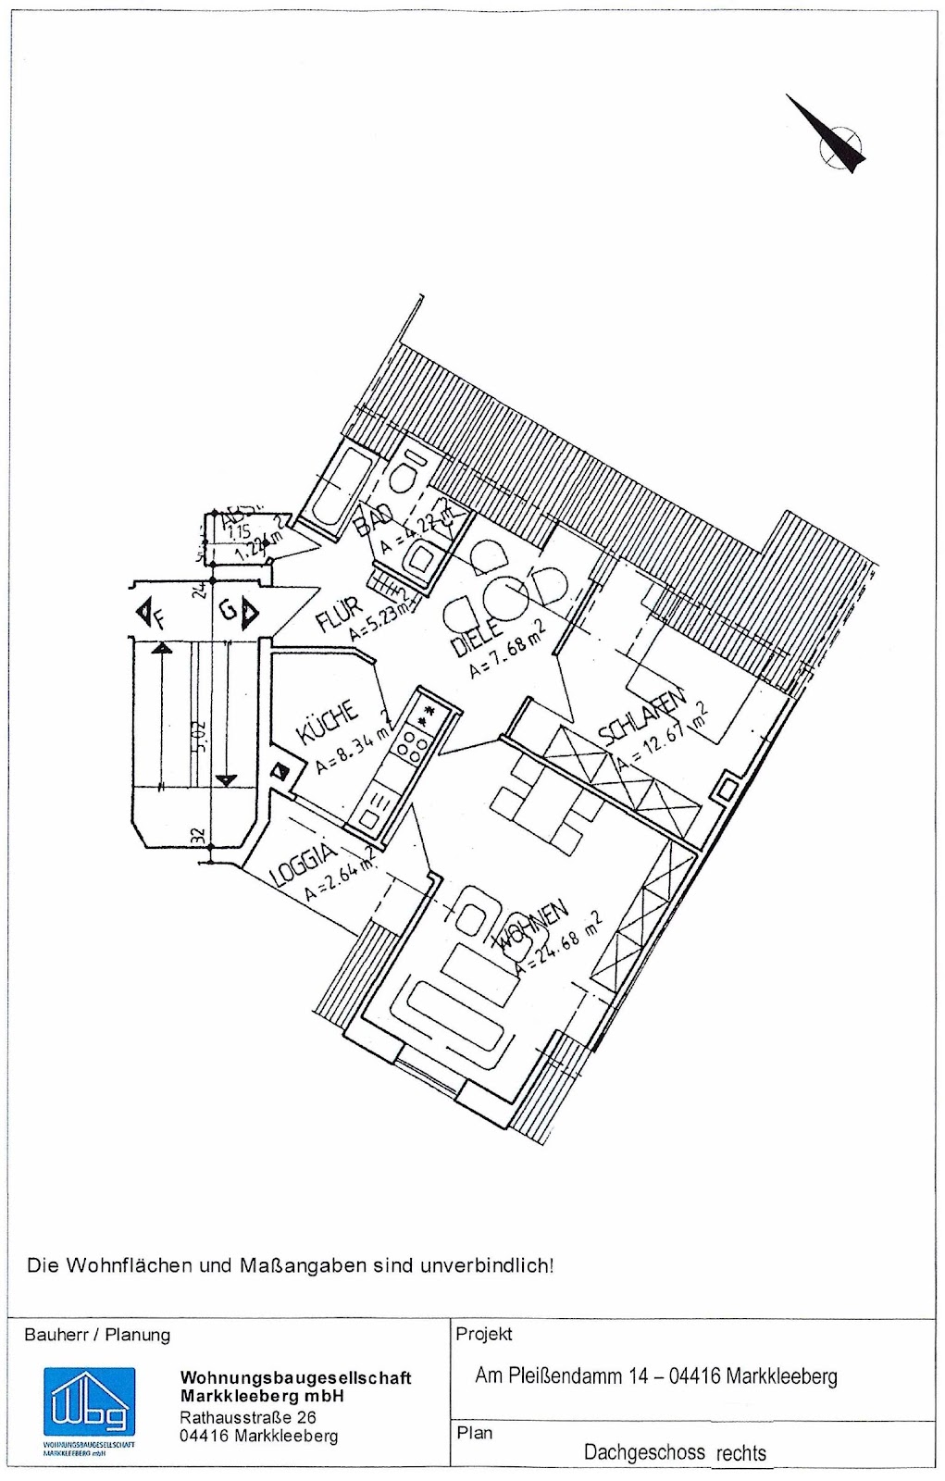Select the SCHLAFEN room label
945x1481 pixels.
[x=642, y=716]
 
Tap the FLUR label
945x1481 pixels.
[x=338, y=612]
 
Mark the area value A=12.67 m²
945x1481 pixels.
[x=663, y=737]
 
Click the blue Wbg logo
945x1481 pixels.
[x=89, y=1403]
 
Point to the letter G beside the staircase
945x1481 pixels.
[x=227, y=611]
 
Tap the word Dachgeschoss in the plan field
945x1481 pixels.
[x=643, y=1451]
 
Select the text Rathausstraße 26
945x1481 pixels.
[x=248, y=1417]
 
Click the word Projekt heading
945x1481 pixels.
[x=483, y=1334]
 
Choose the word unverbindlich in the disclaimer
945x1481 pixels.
[x=487, y=1264]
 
